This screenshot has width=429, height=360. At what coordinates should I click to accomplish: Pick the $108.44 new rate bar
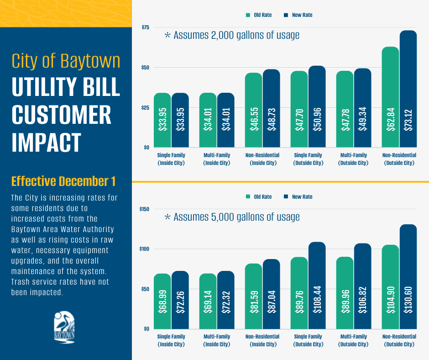pos(317,285)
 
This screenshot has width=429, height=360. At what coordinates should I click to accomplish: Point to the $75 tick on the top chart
pos(145,27)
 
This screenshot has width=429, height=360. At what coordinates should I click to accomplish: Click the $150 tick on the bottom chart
pos(144,209)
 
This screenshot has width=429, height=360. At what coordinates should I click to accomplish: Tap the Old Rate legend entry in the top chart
pos(259,15)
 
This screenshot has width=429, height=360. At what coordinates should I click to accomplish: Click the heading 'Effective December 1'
pos(63,181)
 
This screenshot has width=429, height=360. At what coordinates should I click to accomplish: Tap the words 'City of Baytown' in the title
pos(66,61)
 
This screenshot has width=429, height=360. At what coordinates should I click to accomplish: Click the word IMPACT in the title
pos(46,142)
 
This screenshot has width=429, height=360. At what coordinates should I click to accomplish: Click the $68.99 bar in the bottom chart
pos(162,301)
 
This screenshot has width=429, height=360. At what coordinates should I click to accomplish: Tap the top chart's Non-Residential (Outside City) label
pos(399,159)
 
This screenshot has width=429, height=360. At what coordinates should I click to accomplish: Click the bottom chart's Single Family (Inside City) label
pos(172,340)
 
